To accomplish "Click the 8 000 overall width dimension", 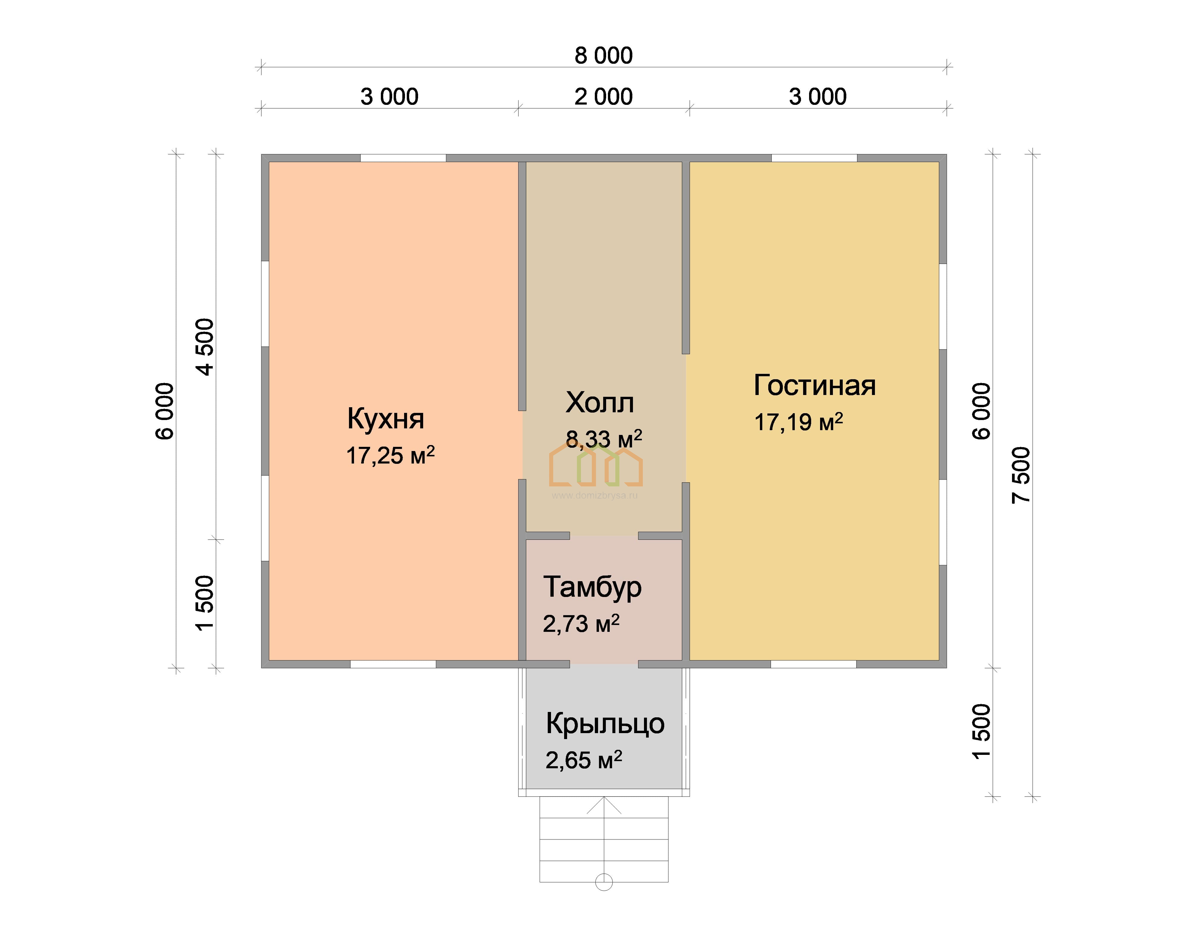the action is (603, 56).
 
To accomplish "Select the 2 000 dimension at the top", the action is (603, 97).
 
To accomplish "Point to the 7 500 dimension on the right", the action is (1021, 475).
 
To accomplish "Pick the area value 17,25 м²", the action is (390, 455).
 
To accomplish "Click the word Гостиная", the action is (814, 386).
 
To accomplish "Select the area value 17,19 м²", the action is (799, 422).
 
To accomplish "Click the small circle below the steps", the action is (604, 882).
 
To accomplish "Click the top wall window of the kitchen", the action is (403, 158).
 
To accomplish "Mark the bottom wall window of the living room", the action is (813, 664).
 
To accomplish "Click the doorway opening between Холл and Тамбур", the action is (604, 536).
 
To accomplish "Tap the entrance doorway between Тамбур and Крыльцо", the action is (604, 664).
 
